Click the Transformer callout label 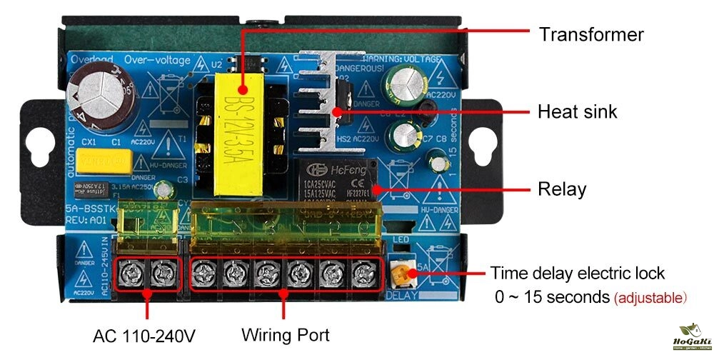coord(591,34)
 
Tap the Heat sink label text coord(577,111)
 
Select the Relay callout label coord(561,189)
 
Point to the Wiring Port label coord(285,334)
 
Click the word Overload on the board coord(89,59)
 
